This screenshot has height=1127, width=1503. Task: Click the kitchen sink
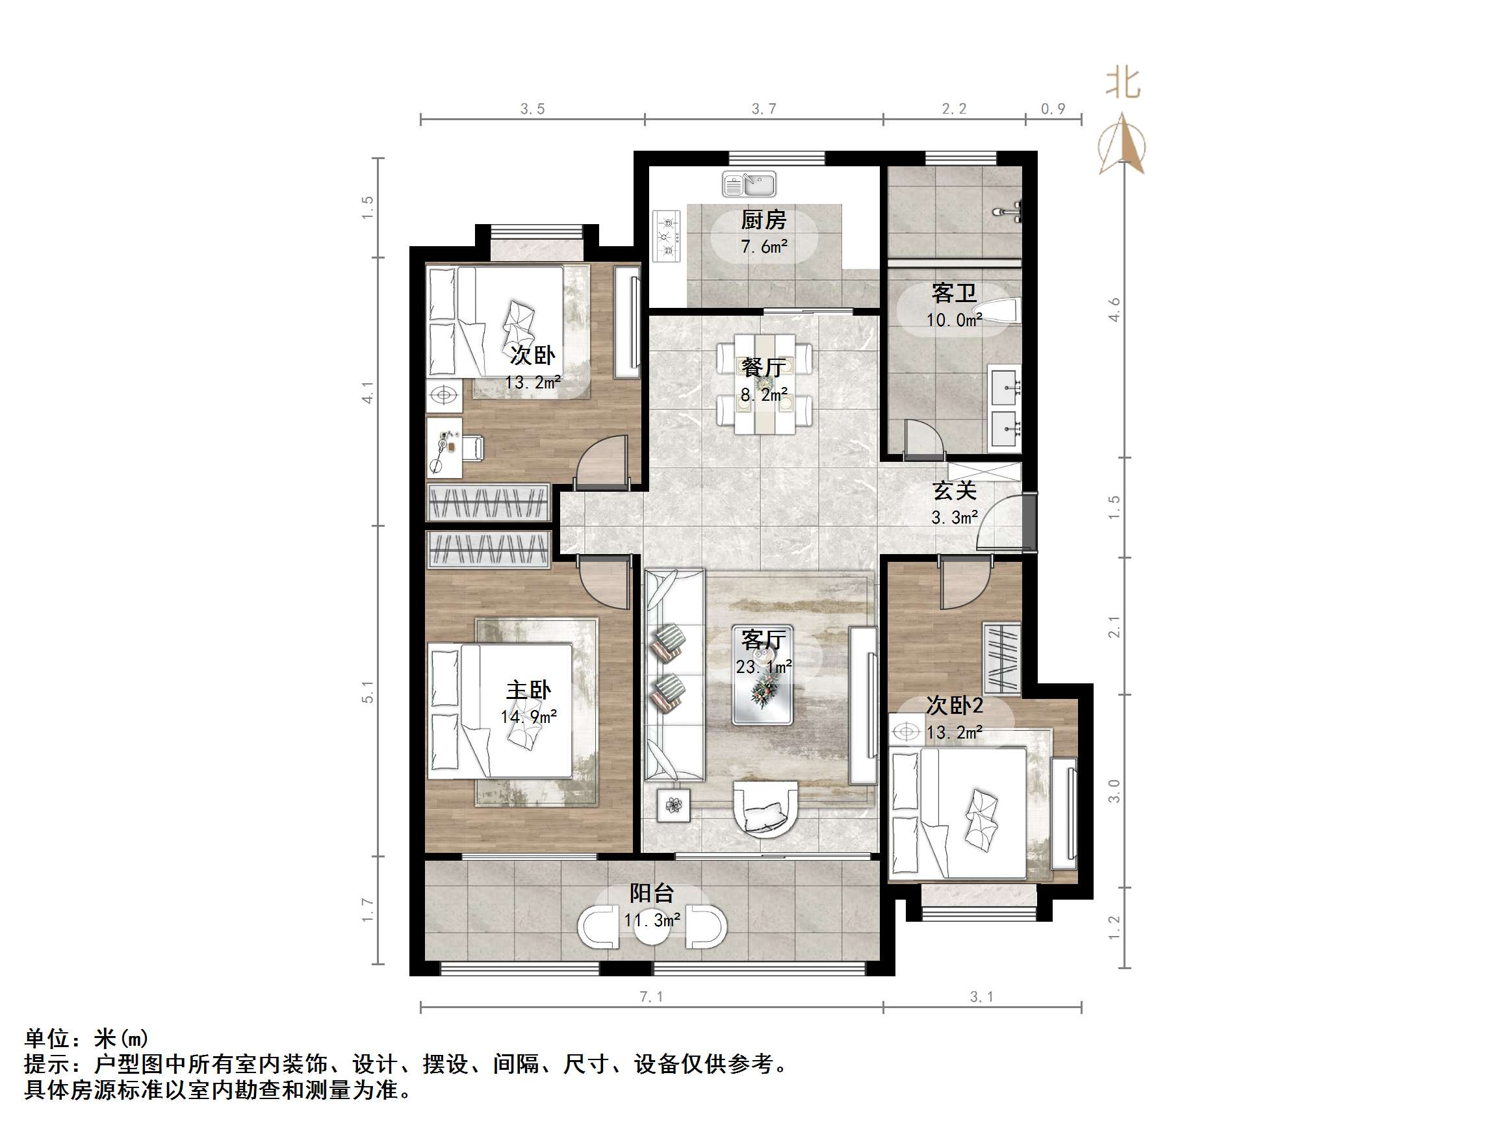[749, 184]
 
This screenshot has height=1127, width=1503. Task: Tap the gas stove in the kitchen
[667, 236]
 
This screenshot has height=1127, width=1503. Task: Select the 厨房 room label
[763, 220]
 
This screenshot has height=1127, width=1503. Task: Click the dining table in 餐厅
[764, 384]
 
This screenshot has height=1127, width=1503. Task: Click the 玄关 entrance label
[954, 490]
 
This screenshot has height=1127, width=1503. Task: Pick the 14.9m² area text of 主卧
[529, 716]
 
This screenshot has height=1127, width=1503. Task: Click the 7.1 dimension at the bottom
[651, 996]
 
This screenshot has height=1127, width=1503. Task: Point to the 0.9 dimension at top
[1053, 108]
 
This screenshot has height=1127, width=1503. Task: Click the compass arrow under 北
[1122, 144]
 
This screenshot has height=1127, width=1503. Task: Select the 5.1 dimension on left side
[368, 692]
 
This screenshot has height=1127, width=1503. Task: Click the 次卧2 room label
[954, 706]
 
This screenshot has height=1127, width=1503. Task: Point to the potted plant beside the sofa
[673, 805]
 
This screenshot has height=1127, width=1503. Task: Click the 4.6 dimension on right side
[1114, 310]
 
